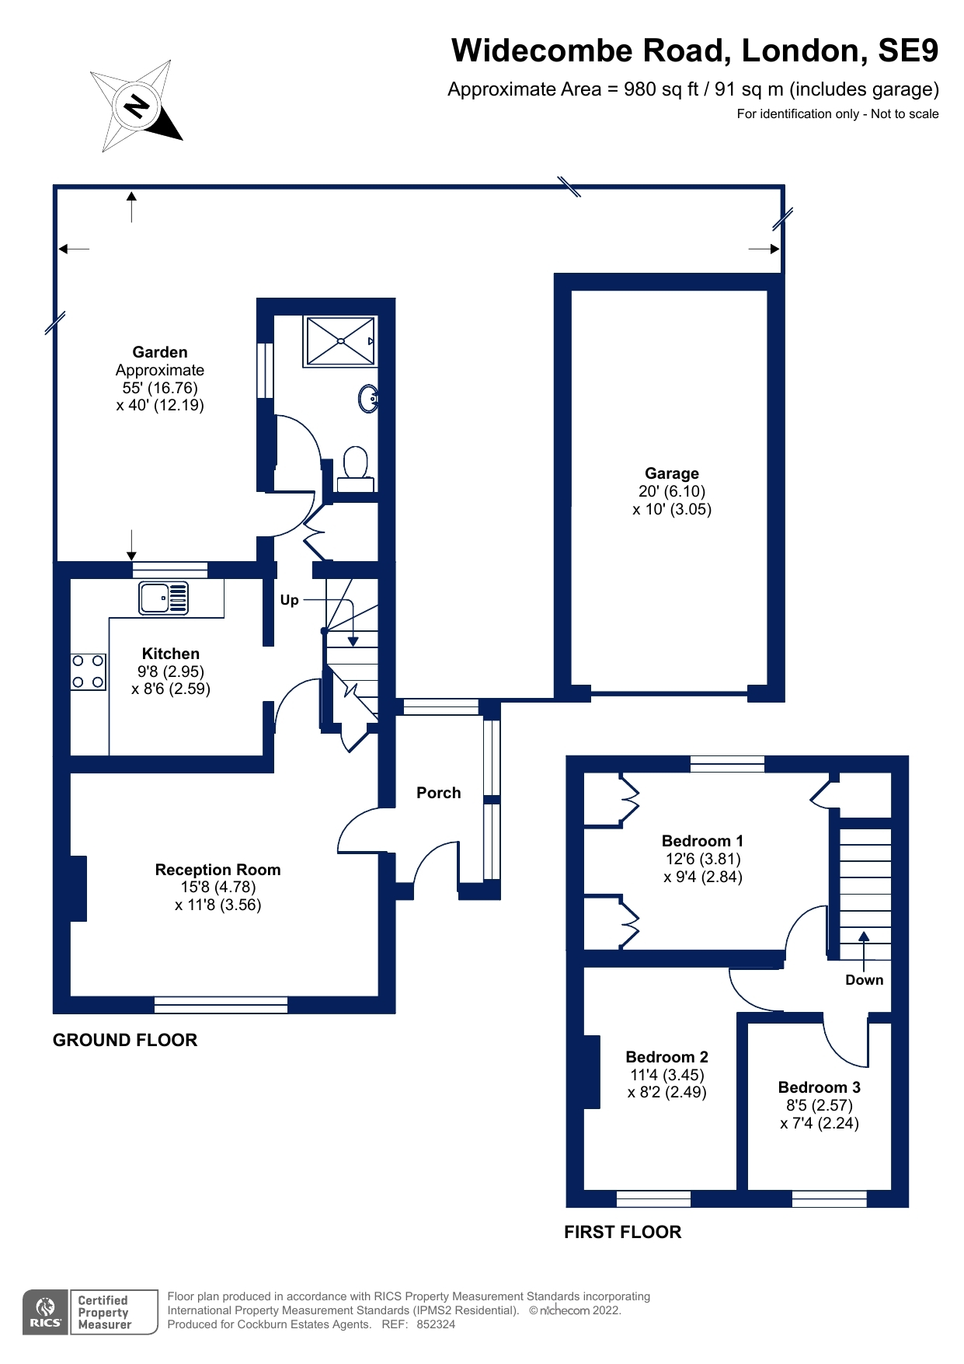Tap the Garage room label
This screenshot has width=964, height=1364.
tap(671, 473)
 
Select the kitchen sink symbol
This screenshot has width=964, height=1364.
tap(164, 598)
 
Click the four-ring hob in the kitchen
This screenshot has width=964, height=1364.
tap(89, 672)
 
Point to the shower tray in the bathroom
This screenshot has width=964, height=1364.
tap(341, 340)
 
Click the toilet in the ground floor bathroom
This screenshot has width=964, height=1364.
tap(356, 469)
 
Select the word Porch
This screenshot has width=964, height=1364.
tap(438, 793)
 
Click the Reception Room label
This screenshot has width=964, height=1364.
tap(218, 870)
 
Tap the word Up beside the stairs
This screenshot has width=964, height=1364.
tap(289, 600)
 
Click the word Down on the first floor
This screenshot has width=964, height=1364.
tap(864, 980)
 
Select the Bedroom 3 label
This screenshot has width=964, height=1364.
tap(819, 1087)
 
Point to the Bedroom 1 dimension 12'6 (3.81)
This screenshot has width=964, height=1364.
tap(703, 859)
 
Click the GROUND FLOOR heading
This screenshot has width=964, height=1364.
tap(125, 1040)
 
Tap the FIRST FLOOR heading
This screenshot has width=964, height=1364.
tap(622, 1232)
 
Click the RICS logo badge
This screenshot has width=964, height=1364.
tap(45, 1312)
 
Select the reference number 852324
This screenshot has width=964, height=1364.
tap(436, 1324)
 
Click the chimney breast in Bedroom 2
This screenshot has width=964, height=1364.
tap(592, 1072)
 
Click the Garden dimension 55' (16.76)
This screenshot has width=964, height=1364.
tap(160, 388)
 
